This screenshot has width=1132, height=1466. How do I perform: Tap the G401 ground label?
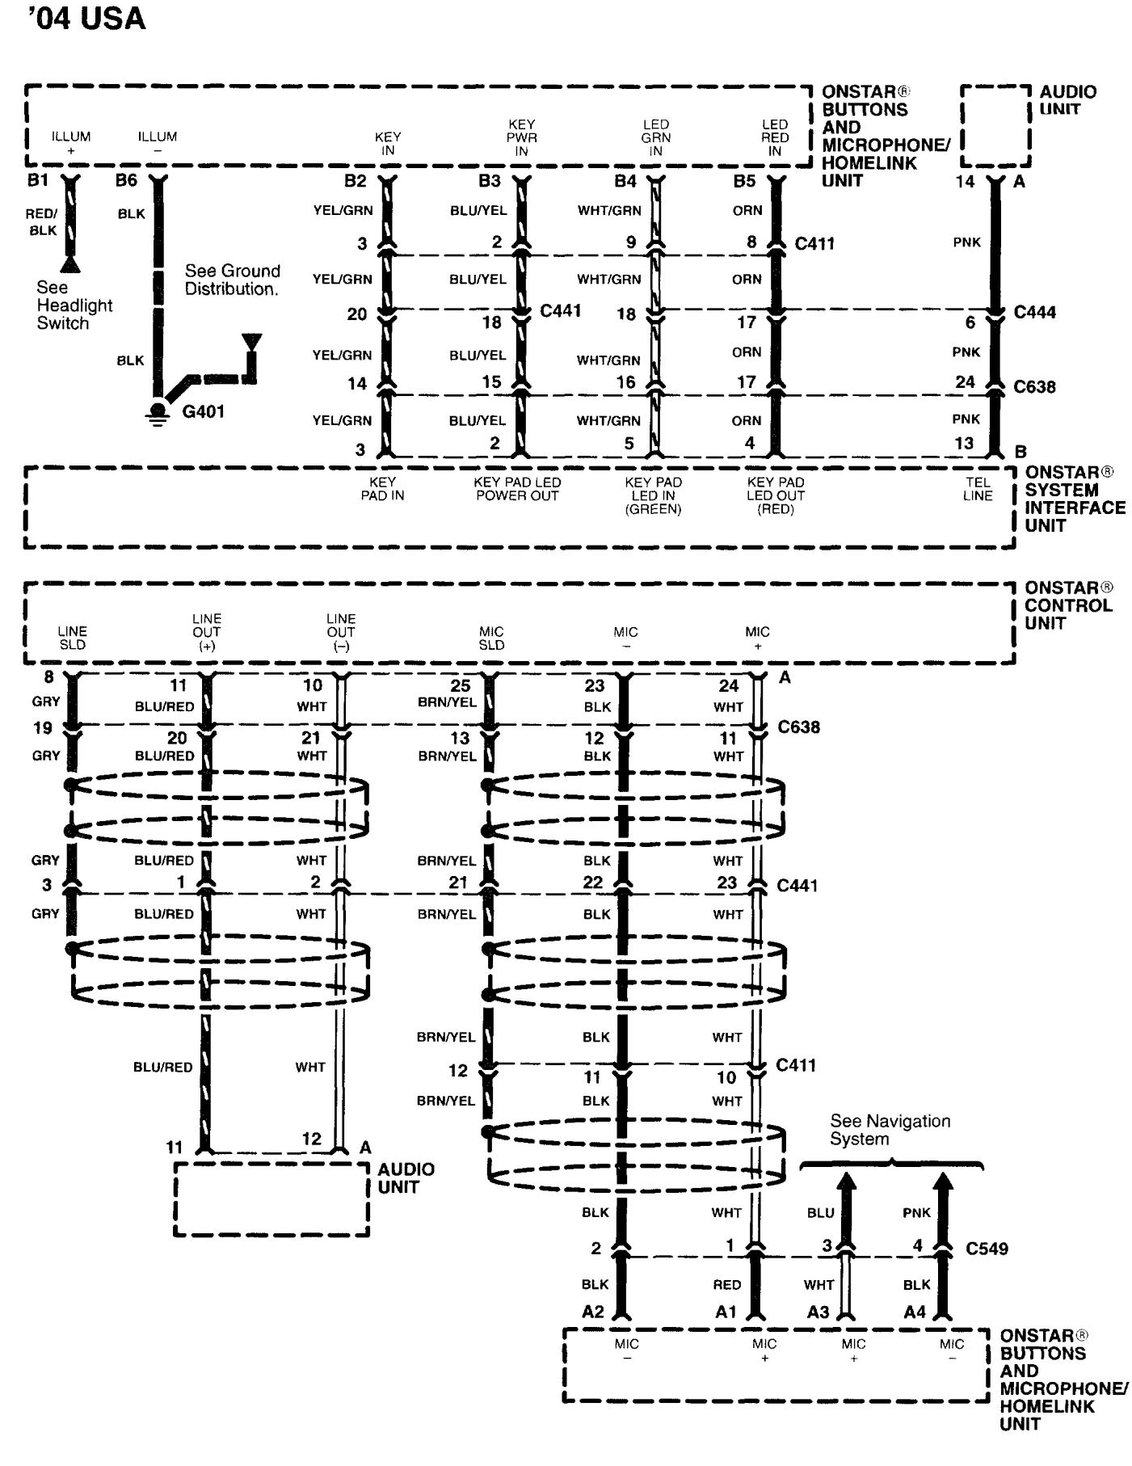pos(203,412)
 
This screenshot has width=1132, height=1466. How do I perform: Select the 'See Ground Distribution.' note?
pos(232,280)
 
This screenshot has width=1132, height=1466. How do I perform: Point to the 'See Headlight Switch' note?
pos(74,305)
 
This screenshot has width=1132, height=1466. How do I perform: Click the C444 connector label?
pos(1034,313)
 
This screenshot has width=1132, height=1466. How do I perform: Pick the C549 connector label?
pos(987,1249)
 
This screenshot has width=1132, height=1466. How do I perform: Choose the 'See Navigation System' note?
pos(890,1130)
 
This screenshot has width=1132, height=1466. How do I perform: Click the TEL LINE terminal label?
pos(977,489)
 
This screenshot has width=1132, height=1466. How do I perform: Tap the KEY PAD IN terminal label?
pos(382,489)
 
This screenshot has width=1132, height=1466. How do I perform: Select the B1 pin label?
pos(38,180)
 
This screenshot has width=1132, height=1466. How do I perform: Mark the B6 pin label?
pos(126,180)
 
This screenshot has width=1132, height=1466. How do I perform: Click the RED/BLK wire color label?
pos(41,221)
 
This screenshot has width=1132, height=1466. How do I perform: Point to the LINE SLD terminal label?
pos(72,638)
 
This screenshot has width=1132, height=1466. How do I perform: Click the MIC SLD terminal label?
pos(491,638)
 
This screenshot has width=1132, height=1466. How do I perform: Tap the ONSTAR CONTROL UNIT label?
pos(1068,605)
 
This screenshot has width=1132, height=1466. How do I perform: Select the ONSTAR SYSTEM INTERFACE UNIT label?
pos(1075,499)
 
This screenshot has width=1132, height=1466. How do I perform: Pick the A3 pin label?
pos(818,1312)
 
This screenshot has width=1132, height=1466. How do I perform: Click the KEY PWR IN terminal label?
pos(522,137)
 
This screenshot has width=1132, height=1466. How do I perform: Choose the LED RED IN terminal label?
pos(774,137)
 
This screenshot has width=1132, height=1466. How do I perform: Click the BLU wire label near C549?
pos(820,1213)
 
